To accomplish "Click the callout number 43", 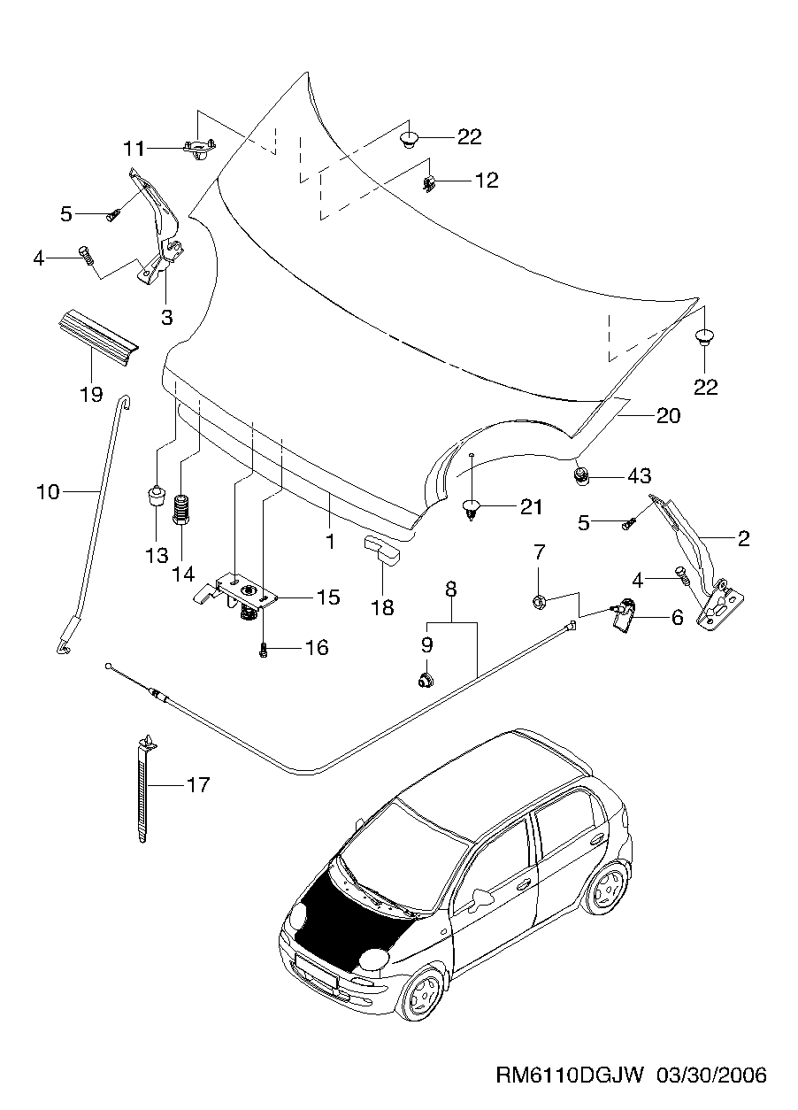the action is click(x=639, y=475).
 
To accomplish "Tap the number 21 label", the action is click(x=531, y=507).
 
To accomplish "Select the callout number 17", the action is click(x=199, y=784).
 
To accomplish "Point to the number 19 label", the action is click(x=92, y=394).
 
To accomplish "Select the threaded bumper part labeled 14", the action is click(x=181, y=510).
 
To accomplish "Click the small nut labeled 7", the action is click(x=539, y=602).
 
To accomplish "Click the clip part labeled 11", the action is click(x=201, y=148).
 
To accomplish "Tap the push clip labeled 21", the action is click(x=471, y=509).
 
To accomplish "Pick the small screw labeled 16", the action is click(x=264, y=649).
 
